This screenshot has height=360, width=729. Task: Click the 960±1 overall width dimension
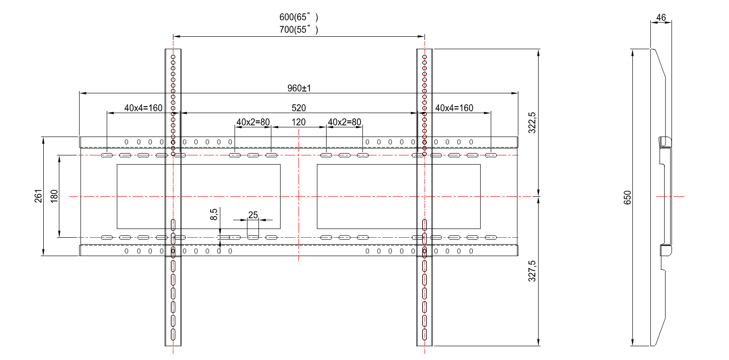click(x=299, y=88)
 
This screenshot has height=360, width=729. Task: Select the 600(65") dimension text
click(x=299, y=17)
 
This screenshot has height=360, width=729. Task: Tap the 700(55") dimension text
click(x=299, y=29)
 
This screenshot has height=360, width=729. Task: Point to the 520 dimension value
click(x=299, y=108)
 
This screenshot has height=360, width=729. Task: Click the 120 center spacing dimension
click(x=298, y=122)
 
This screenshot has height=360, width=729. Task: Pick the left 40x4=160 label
click(x=143, y=108)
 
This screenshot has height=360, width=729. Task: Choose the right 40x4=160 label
click(x=454, y=108)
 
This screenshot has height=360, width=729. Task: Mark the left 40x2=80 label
click(x=253, y=122)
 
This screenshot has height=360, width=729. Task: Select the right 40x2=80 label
click(x=344, y=122)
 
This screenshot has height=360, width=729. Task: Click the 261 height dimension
click(x=38, y=196)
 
